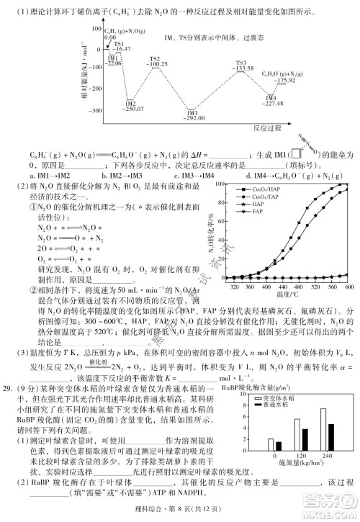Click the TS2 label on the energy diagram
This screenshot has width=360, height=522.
pos(154,58)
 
